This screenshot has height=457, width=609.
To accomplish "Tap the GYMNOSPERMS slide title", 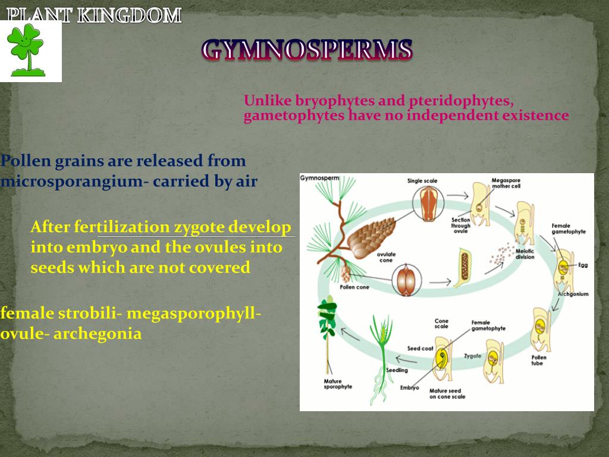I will point(306,50).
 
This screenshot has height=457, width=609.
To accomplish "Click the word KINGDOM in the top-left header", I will point(129,15).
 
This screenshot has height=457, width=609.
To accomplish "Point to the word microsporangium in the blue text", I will point(71,181).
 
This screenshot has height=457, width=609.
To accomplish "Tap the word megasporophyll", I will point(194,313).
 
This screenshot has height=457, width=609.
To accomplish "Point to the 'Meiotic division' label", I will point(525,254).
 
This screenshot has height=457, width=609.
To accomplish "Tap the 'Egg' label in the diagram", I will point(583,265).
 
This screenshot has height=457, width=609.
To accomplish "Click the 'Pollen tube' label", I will point(538,360).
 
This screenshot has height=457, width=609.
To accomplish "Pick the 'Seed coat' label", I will point(420,348).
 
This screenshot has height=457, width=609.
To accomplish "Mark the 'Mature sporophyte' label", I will point(338,383).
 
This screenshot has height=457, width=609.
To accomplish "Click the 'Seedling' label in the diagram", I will point(397,370).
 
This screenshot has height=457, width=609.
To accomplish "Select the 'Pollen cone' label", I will point(354,287).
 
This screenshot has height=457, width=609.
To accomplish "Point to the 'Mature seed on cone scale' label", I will point(447,393).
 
